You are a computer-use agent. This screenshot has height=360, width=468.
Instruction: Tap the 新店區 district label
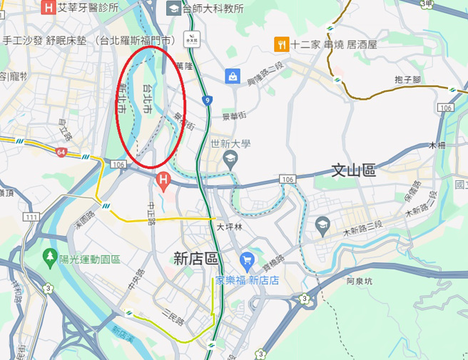pyautogui.click(x=195, y=259)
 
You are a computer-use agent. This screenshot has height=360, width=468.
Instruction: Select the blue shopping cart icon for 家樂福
pyautogui.click(x=247, y=260)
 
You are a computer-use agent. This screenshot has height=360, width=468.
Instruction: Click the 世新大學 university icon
pyautogui.click(x=230, y=160)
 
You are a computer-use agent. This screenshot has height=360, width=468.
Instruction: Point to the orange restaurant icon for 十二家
pyautogui.click(x=282, y=44)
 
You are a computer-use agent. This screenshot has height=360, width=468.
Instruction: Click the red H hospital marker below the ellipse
pyautogui.click(x=163, y=182)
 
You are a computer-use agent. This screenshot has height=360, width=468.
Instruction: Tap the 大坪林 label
pyautogui.click(x=230, y=228)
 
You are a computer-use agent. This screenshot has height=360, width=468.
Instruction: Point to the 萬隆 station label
pyautogui.click(x=183, y=66)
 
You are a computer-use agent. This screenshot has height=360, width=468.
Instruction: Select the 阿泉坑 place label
pyautogui.click(x=360, y=281)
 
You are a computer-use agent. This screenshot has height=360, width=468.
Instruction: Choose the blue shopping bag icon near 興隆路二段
pyautogui.click(x=232, y=76)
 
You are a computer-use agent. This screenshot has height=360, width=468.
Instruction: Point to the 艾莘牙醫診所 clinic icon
pyautogui.click(x=49, y=8)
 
